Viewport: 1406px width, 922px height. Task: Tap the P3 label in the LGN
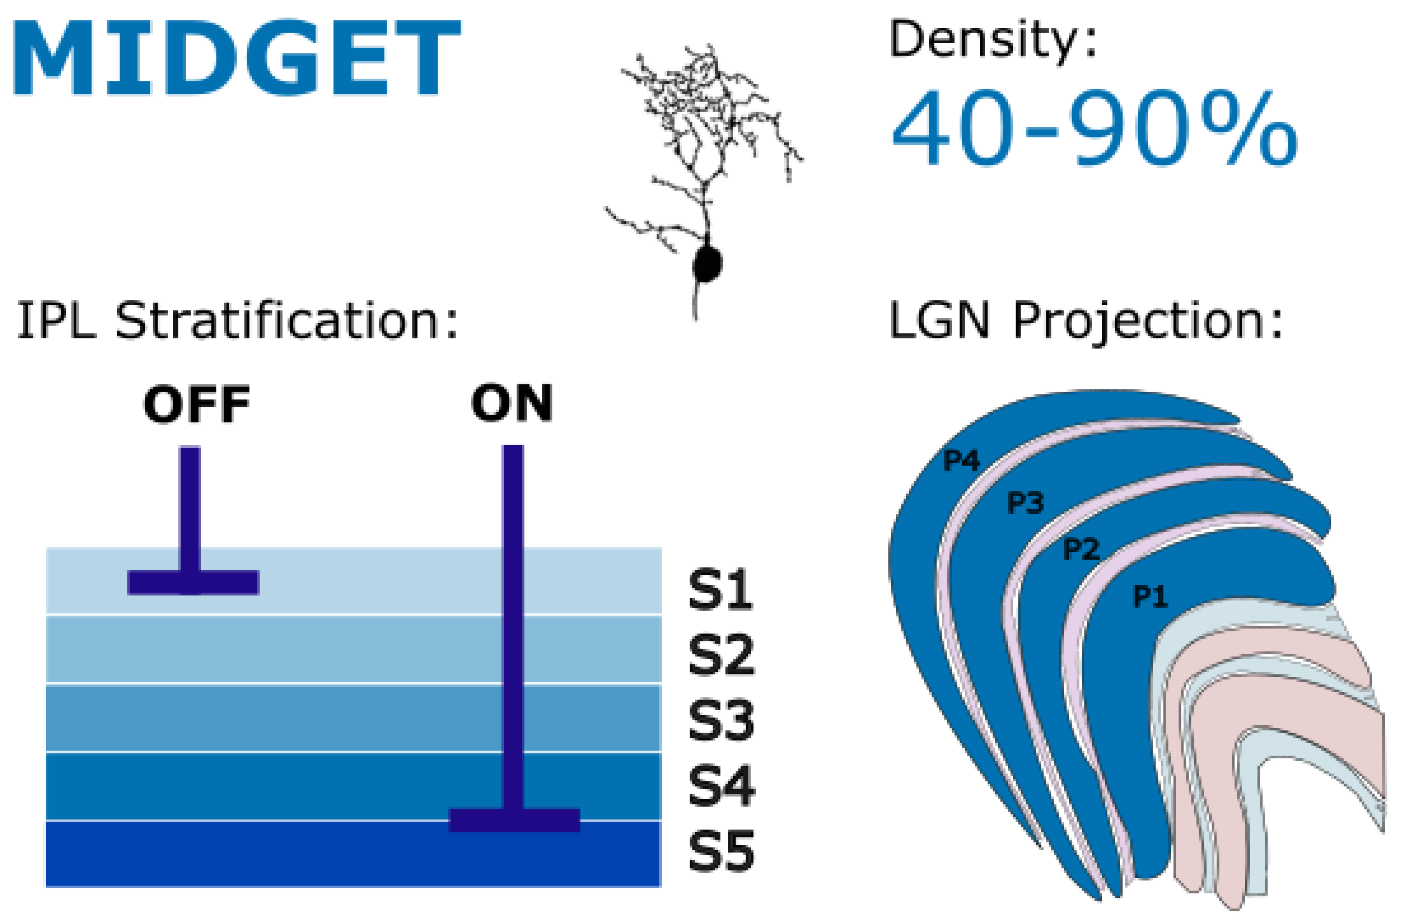pyautogui.click(x=1025, y=503)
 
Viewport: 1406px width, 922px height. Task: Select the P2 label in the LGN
pyautogui.click(x=1081, y=549)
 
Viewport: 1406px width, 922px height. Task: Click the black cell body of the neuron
pyautogui.click(x=707, y=264)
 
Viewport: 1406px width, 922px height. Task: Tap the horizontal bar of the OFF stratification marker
pyautogui.click(x=193, y=582)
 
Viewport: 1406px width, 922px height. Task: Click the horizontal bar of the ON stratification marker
pyautogui.click(x=514, y=820)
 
